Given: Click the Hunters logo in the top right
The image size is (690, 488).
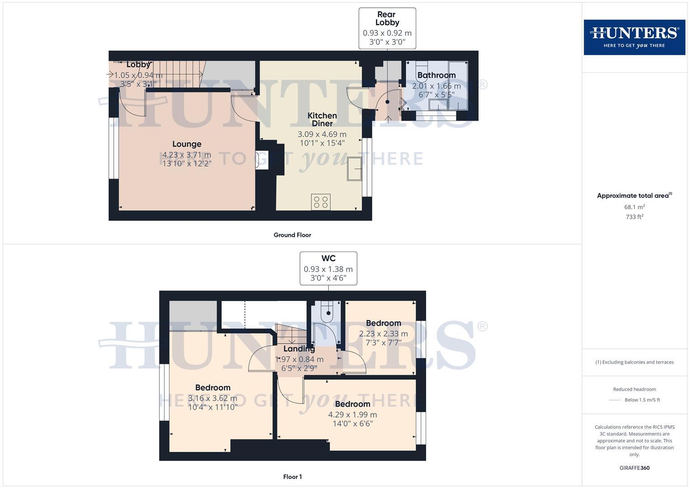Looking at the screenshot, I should click(634, 37).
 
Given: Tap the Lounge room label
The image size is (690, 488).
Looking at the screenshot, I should click(187, 144).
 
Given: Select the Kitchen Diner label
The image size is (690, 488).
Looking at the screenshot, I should click(322, 120).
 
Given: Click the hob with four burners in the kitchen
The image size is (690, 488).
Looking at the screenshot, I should click(320, 202).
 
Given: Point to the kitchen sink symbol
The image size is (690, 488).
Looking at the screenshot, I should click(355, 169).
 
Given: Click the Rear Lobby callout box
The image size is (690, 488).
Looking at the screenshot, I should click(387, 28).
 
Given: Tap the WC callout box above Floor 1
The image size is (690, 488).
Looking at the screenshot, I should click(329, 268).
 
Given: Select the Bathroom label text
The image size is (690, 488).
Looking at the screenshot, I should click(436, 75).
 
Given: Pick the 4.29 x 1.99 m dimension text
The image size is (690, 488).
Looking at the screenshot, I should click(352, 414).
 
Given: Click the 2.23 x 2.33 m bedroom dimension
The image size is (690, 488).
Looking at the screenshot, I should click(383, 334).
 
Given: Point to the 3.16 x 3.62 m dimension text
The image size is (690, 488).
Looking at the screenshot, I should click(212, 398).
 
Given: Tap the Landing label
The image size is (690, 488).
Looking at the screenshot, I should click(299, 349).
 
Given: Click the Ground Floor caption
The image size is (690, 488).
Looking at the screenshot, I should click(292, 235).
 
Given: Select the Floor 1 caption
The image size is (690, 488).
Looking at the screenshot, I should click(292, 477).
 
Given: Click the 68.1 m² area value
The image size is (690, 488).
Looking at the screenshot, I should click(634, 207).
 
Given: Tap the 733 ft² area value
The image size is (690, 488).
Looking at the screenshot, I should click(634, 217).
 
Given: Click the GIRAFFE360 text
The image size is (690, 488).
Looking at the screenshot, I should click(634, 468).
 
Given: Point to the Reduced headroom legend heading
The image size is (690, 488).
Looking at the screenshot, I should click(634, 389).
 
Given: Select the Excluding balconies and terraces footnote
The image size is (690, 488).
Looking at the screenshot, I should click(634, 362).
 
